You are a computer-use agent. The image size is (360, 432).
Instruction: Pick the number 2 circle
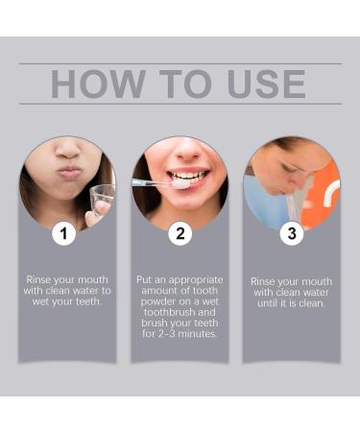(180, 233)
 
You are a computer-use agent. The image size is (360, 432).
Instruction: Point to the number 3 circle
(292, 233)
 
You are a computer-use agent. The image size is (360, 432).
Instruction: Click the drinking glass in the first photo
(101, 200)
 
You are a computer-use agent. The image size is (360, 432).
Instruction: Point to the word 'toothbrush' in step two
(180, 312)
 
